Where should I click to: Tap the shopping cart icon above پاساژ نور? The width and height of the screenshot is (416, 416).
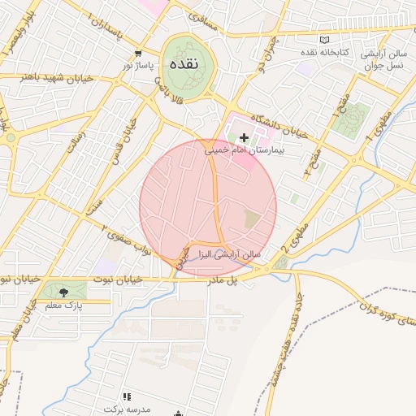coord(138,51)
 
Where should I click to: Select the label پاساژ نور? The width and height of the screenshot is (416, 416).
coord(138,63)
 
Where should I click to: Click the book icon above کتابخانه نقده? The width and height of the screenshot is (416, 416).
coord(325,40)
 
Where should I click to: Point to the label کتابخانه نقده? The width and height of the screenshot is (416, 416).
coord(344,52)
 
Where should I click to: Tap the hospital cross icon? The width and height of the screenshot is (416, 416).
coord(244,138)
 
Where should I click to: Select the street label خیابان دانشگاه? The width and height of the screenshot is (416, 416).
coord(280,127)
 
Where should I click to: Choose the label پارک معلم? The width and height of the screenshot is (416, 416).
coord(62,304)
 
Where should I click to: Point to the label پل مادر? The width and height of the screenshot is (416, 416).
coord(225,278)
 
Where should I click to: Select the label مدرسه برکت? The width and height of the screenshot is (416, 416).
coord(128,408)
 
